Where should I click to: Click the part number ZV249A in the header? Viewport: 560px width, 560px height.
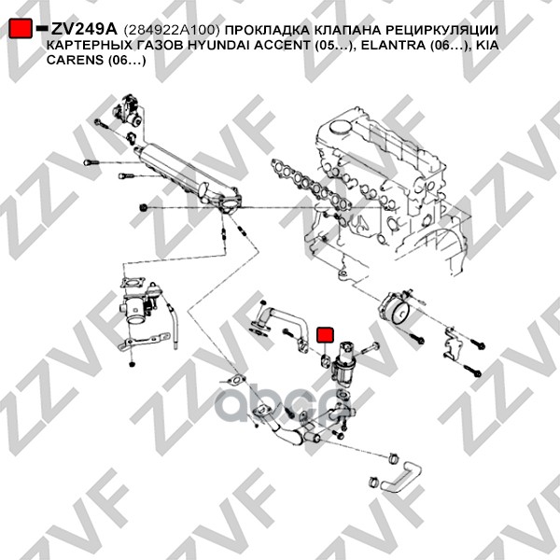click(84, 29)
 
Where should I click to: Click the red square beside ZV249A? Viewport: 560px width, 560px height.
click(21, 28)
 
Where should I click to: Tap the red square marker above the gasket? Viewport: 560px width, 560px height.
click(325, 335)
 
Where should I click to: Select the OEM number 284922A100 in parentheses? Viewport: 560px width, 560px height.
click(171, 30)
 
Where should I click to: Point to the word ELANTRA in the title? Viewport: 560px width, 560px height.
click(392, 46)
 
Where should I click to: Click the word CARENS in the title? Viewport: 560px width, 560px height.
click(75, 60)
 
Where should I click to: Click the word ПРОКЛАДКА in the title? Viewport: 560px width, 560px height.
click(268, 31)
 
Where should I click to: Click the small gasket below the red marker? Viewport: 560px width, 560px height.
click(325, 361)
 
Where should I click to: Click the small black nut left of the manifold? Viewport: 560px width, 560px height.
click(144, 207)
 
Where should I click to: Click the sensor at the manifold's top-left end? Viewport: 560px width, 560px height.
click(128, 110)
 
